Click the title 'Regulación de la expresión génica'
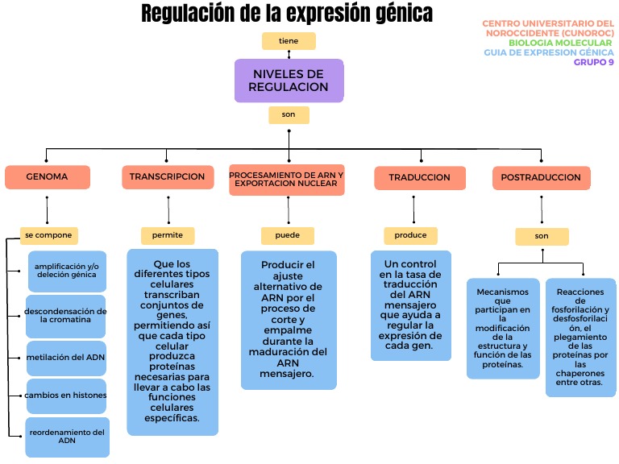point(286,14)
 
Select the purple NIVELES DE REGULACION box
point(289,81)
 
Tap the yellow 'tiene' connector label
point(289,40)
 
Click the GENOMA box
point(47,177)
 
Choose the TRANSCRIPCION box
point(167,177)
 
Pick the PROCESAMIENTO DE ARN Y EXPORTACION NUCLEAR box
point(286,180)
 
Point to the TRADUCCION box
point(419,178)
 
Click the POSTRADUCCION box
point(541,178)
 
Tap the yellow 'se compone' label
point(49,235)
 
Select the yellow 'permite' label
point(168,235)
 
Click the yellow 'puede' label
point(287,236)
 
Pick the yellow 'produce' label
point(410,235)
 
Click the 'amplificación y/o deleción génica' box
point(66,271)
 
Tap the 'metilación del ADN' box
point(66,358)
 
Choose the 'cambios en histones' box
point(66,396)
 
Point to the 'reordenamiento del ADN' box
point(66,437)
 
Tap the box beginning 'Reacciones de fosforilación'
point(580,338)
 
